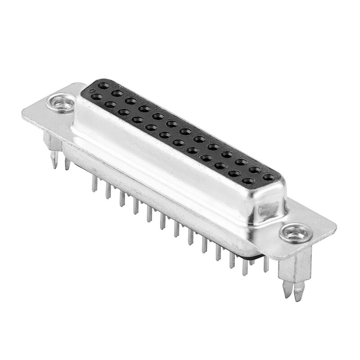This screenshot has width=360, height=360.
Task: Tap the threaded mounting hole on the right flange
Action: pyautogui.click(x=296, y=233)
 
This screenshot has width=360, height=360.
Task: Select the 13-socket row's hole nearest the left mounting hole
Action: pyautogui.click(x=103, y=85)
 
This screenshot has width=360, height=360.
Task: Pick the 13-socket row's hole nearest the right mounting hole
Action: pyautogui.click(x=269, y=177)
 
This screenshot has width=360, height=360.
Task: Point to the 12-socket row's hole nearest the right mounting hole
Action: pyautogui.click(x=248, y=181)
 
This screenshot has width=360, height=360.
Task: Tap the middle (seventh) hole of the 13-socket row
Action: pyautogui.click(x=185, y=131)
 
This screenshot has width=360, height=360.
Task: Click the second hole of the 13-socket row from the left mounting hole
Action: pyautogui.click(x=117, y=93)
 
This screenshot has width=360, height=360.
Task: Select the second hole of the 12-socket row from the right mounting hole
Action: pyautogui.click(x=234, y=174)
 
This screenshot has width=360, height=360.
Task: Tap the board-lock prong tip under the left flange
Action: pyautogui.click(x=54, y=160)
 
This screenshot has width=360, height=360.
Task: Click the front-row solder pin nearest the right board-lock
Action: pyautogui.click(x=245, y=268)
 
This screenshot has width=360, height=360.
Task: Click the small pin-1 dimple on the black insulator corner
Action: pyautogui.click(x=92, y=90)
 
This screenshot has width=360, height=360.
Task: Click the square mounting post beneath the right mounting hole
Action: pyautogui.click(x=295, y=268)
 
